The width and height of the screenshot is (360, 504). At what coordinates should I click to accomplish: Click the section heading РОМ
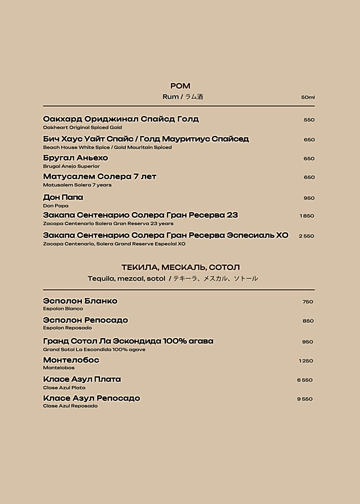180,86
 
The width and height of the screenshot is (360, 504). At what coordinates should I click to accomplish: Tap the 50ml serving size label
307,97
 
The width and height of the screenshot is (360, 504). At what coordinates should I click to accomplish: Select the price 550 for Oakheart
309,120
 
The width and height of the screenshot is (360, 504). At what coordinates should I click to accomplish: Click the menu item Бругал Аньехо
76,158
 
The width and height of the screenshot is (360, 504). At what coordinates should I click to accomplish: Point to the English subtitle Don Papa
55,206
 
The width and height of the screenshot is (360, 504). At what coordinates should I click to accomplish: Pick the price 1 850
307,216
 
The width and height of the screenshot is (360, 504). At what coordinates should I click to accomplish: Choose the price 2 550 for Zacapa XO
306,236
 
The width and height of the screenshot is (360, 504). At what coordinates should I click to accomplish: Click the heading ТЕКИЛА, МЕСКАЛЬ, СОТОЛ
180,267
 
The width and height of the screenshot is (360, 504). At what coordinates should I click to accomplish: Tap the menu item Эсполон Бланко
80,301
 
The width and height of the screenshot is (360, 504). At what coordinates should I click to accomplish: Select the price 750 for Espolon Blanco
307,302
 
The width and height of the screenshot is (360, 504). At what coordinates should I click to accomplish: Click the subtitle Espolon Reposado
67,328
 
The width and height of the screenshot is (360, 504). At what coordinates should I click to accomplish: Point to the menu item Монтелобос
71,360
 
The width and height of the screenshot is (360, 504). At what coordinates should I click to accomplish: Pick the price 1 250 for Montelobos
306,361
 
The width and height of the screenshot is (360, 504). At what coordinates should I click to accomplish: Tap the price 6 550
305,380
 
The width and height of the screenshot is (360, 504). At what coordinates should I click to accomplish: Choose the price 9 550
305,399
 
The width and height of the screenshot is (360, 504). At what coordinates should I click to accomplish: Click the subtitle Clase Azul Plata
64,388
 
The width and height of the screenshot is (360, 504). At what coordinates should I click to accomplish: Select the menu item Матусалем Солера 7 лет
100,176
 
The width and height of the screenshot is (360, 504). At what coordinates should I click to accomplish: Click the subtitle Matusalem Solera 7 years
77,185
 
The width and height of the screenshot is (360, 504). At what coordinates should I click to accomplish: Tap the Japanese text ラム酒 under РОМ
194,97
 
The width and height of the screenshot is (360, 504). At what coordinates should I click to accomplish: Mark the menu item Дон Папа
63,197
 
